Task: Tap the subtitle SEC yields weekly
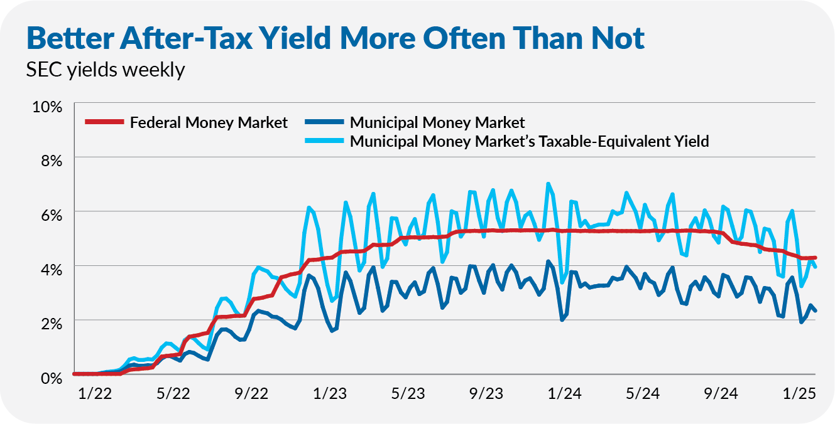tap(106, 70)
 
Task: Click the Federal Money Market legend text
tap(209, 122)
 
